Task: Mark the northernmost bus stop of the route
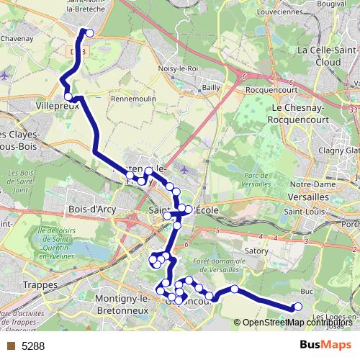pyautogui.click(x=89, y=32)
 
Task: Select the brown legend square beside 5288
pyautogui.click(x=12, y=346)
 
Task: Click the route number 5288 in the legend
pyautogui.click(x=33, y=346)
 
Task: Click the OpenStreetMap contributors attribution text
pyautogui.click(x=295, y=322)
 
